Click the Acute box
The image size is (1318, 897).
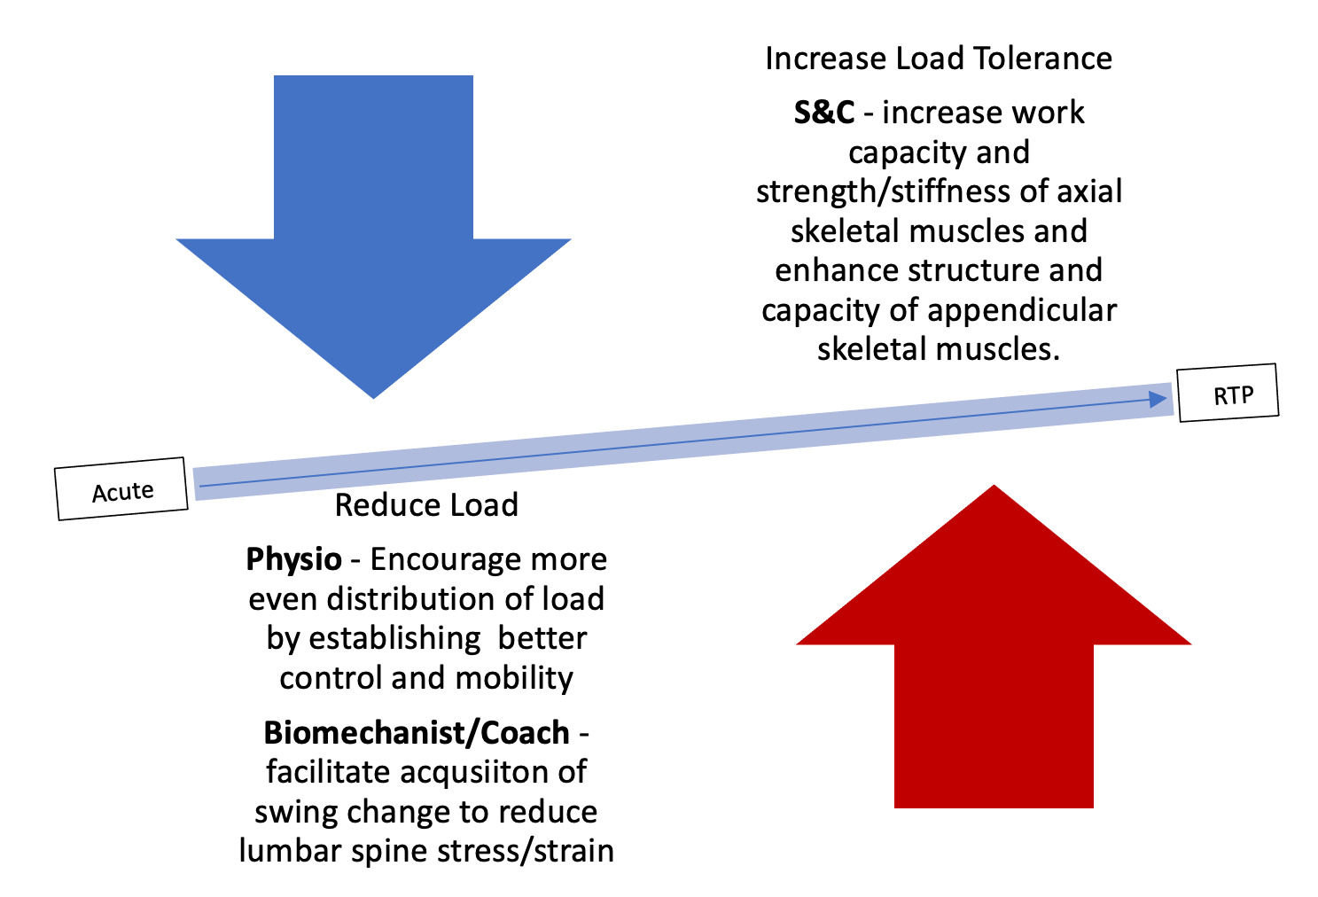click(122, 489)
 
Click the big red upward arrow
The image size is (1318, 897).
click(994, 656)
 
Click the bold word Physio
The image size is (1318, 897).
click(293, 559)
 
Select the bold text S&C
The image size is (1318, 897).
click(823, 113)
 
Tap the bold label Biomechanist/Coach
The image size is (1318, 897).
click(417, 732)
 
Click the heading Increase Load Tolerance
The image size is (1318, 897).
click(938, 58)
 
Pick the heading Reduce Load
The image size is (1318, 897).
click(426, 504)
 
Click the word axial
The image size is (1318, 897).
click(1090, 191)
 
